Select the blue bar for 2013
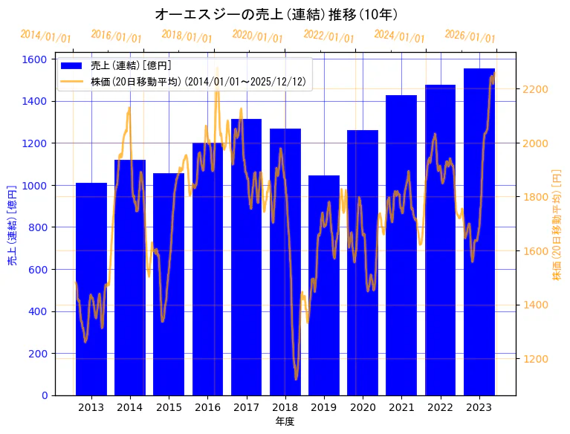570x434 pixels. tap(91, 290)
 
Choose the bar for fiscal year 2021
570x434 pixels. tap(401, 245)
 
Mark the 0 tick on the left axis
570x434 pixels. tap(45, 395)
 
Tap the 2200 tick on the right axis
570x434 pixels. tap(537, 89)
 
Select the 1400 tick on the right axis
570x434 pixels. tap(537, 305)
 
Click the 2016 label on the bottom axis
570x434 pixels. tap(207, 407)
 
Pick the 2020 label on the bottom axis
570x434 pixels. tap(363, 407)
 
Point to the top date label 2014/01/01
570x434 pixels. tap(45, 36)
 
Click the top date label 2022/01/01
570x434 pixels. tap(328, 36)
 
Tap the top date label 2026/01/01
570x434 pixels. tap(470, 36)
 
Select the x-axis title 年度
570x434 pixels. tap(285, 421)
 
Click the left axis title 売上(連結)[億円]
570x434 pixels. tap(12, 227)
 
